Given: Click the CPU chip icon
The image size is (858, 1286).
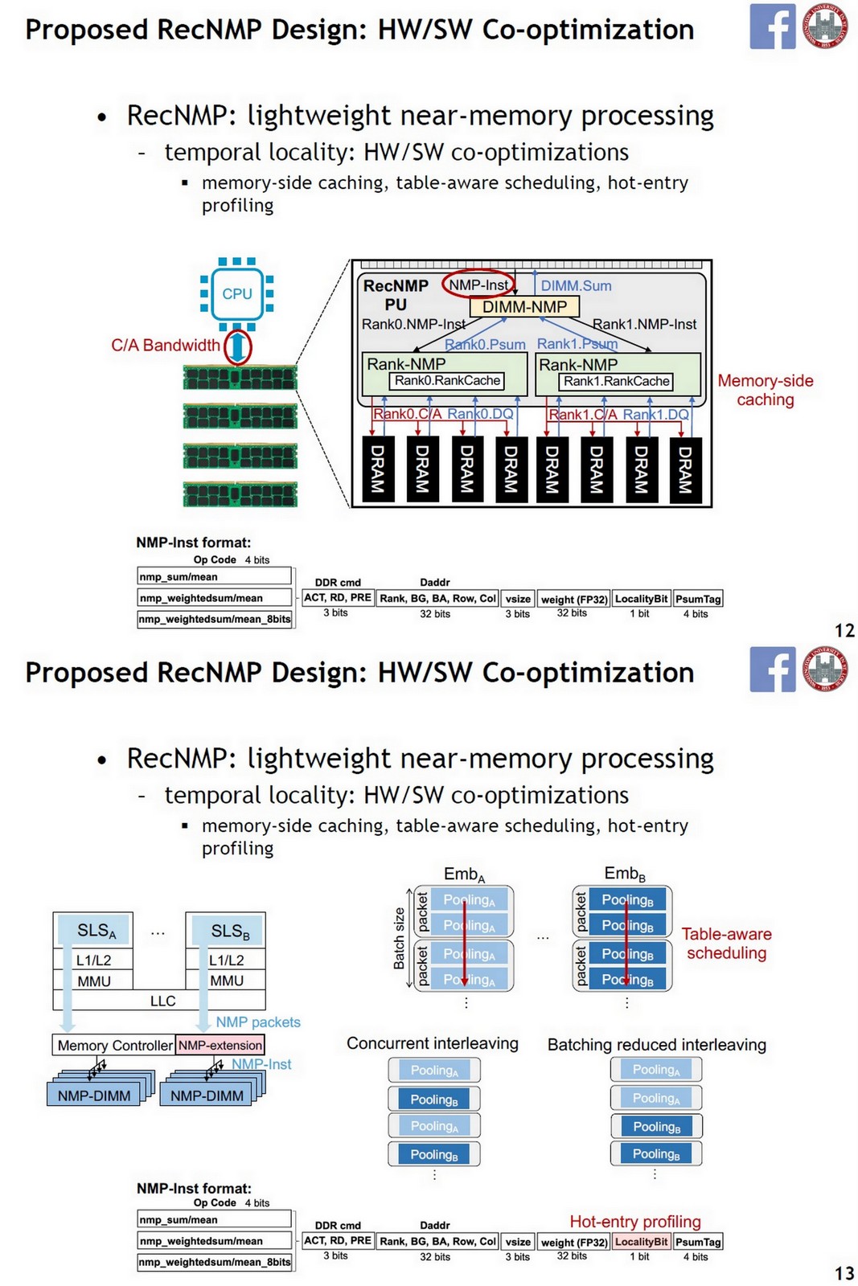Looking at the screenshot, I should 236,294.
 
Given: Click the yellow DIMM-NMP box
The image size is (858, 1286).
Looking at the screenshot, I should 524,307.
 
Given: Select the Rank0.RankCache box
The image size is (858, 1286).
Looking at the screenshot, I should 447,381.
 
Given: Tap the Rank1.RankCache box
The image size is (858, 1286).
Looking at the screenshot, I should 616,381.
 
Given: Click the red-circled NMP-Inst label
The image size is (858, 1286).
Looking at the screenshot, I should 478,285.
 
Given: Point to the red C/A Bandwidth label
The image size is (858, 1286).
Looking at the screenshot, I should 165,346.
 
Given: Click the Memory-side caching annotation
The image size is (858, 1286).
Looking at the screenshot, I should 765,390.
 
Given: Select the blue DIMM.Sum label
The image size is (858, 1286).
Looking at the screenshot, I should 576,286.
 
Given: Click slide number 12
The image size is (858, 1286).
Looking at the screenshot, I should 844,631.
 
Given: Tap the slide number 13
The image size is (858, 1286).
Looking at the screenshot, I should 844,1273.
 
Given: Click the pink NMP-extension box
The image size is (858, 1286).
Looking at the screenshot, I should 220,1045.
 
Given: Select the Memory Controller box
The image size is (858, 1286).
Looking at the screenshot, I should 115,1045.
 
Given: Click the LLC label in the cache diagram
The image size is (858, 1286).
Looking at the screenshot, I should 162,1001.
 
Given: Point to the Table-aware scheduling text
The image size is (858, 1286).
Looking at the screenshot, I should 726,944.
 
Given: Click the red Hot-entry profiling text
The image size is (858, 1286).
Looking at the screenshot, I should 634,1222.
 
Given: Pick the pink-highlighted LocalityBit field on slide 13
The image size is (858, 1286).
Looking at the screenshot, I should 641,1242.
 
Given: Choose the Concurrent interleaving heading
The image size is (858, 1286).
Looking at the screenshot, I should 432,1043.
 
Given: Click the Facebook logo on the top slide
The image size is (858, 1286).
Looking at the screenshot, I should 772,27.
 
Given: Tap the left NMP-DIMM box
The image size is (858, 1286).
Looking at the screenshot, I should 94,1096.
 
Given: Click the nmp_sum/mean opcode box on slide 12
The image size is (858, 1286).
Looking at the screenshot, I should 214,576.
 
